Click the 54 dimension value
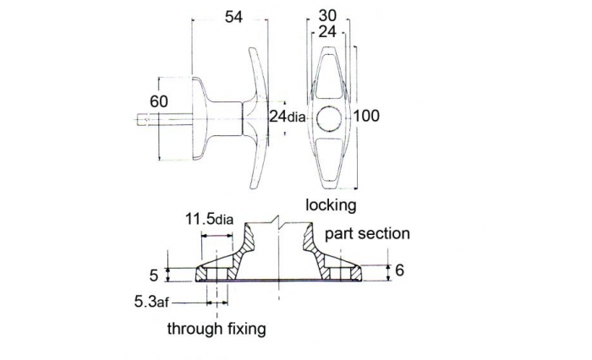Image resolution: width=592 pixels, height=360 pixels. [x=233, y=18]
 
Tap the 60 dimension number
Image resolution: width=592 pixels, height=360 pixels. [x=159, y=102]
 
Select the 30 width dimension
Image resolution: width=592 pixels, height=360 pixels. [x=327, y=16]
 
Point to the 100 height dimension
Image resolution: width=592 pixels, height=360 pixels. [x=366, y=116]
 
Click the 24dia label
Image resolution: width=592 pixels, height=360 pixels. [x=287, y=117]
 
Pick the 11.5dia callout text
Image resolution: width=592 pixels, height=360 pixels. [x=209, y=219]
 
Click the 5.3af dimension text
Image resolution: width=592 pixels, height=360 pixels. [x=151, y=302]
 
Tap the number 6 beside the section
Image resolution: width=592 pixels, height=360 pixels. [x=399, y=270]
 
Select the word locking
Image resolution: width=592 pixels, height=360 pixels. [x=331, y=205]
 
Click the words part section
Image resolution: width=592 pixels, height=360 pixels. [x=367, y=233]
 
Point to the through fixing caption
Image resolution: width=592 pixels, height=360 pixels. [x=217, y=328]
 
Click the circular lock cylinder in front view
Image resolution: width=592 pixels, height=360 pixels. [x=329, y=118]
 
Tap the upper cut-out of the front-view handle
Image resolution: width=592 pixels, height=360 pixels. [x=329, y=77]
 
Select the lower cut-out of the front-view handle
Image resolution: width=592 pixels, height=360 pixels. [x=329, y=160]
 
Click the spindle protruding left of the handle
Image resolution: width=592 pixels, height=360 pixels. [x=165, y=119]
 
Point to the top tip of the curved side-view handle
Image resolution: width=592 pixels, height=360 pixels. [x=250, y=48]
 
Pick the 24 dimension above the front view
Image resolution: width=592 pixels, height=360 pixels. [x=327, y=32]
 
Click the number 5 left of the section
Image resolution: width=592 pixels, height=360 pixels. [x=154, y=275]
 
